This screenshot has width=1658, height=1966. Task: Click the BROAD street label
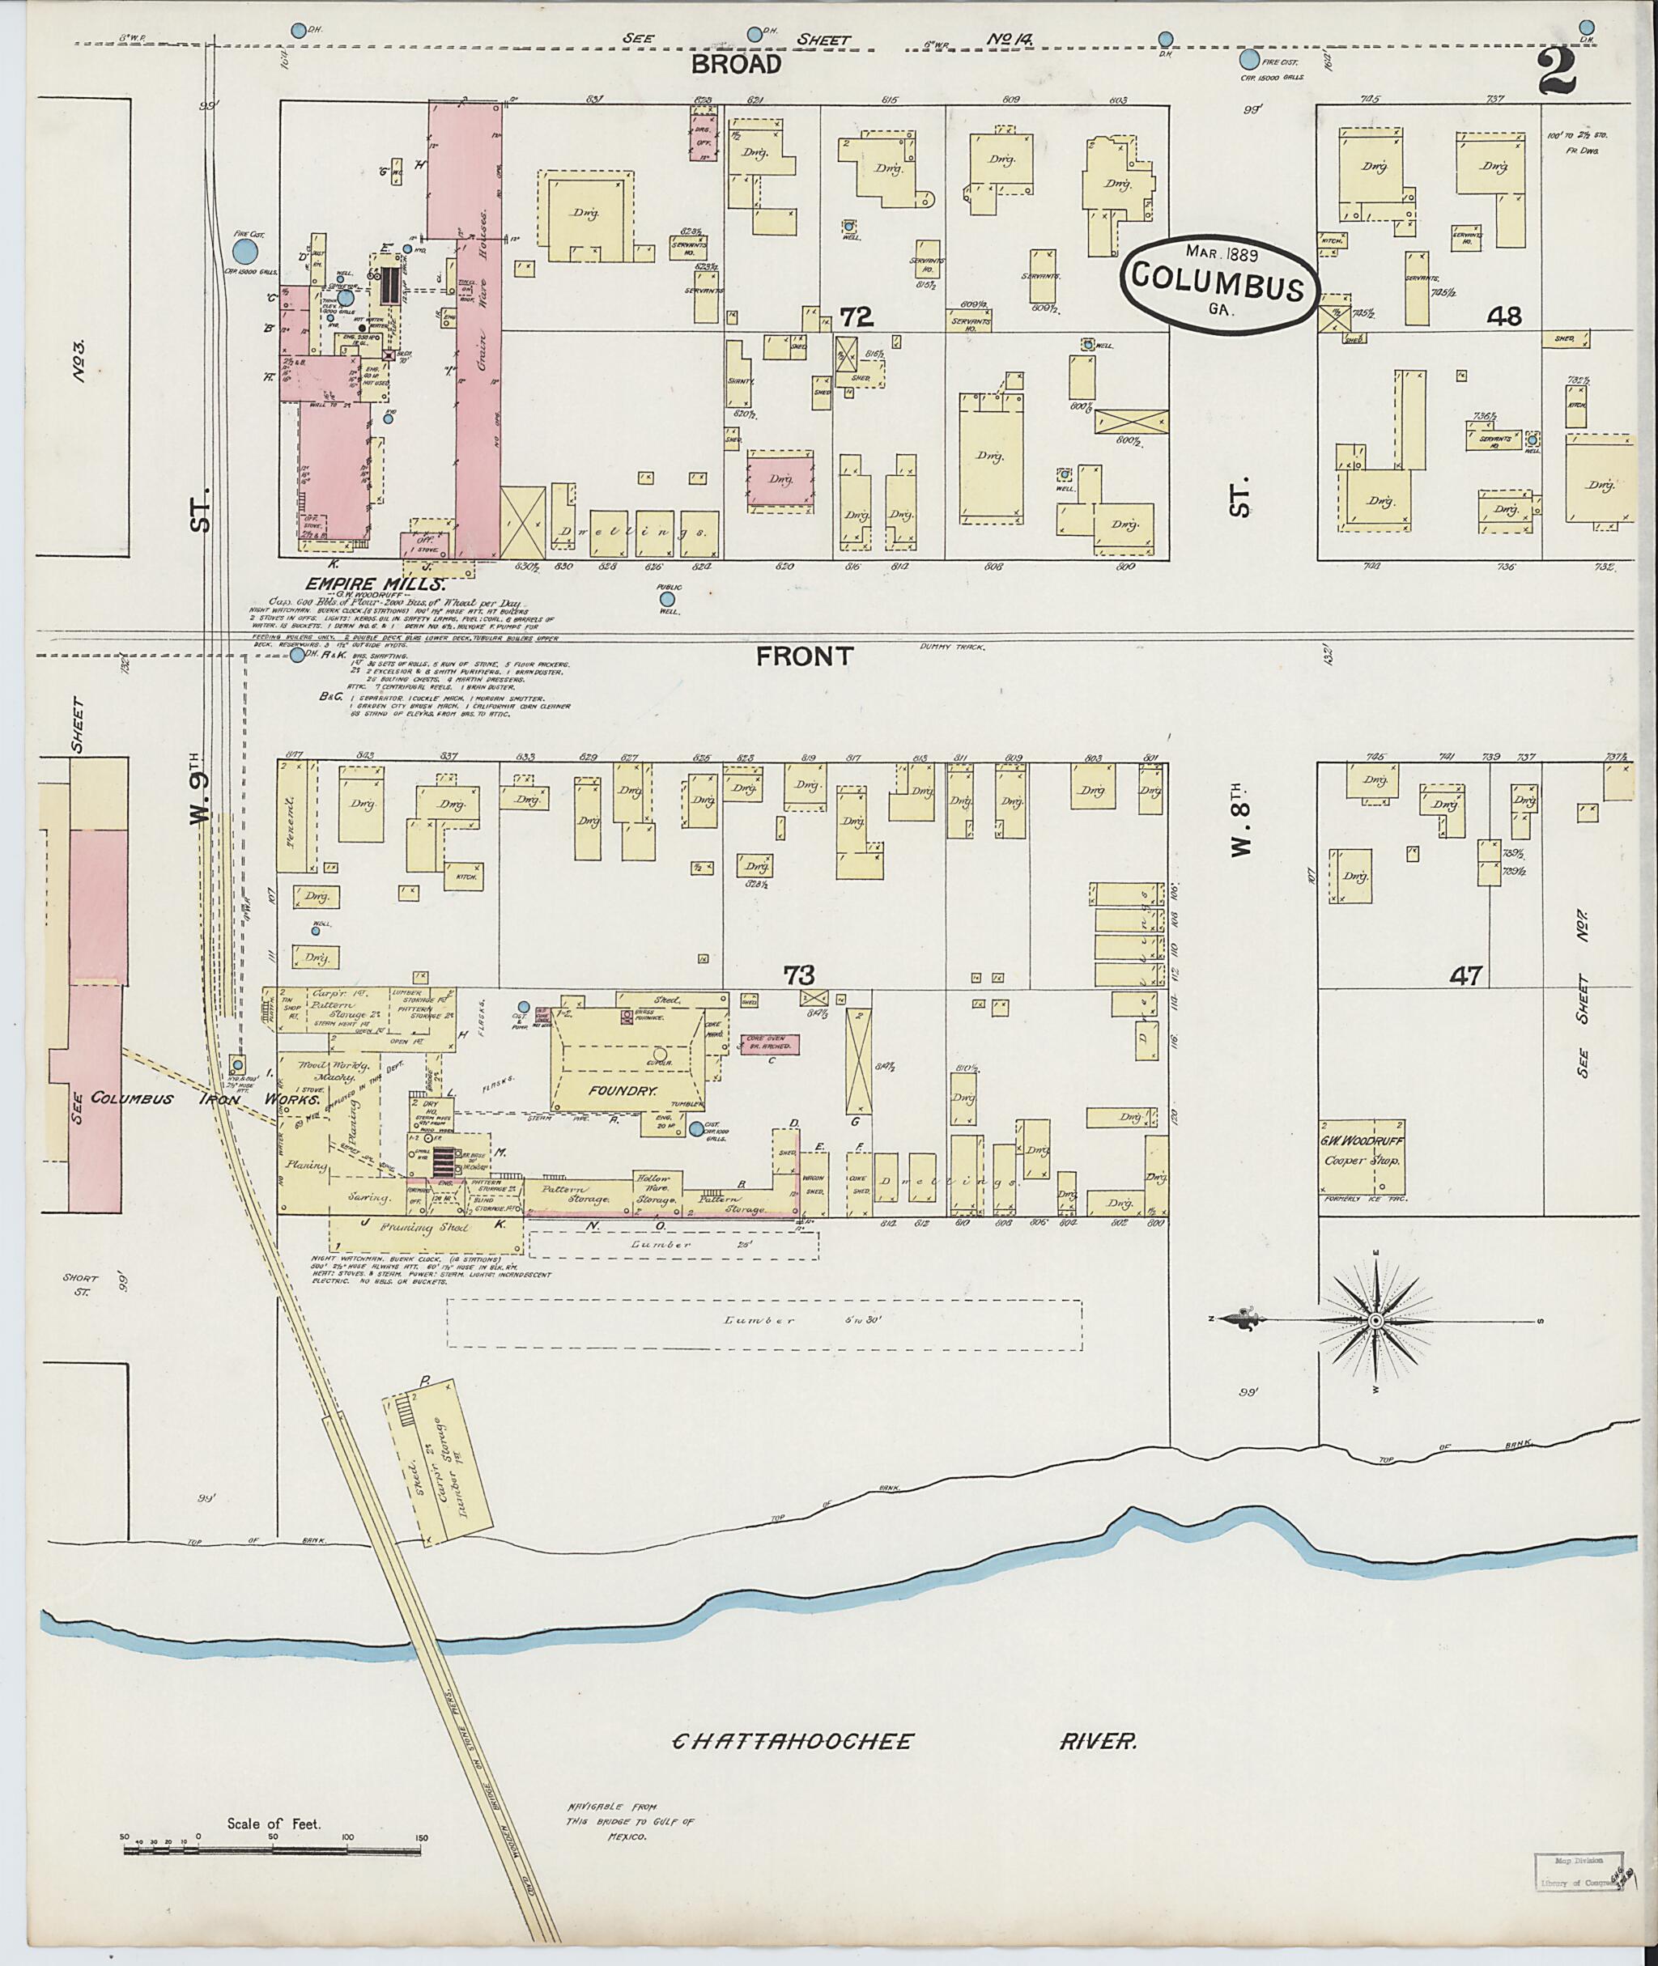tap(736, 64)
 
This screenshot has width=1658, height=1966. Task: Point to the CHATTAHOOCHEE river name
tap(793, 1741)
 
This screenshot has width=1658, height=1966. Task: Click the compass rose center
tap(1375, 1321)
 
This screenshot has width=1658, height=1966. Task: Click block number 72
tap(857, 316)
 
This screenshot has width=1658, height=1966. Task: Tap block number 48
tap(1504, 316)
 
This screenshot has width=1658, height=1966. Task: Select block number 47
tap(1465, 976)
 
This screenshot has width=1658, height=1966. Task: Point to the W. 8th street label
tap(1241, 828)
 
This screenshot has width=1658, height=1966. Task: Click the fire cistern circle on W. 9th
tap(244, 251)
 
